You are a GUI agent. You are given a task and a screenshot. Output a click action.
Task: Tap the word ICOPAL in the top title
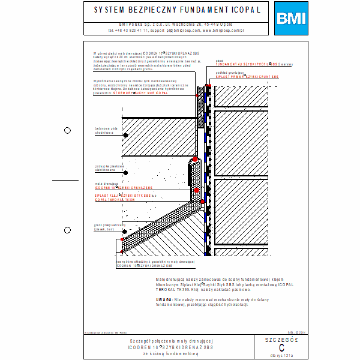(244, 10)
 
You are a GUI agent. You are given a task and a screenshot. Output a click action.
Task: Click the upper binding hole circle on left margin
(67, 130)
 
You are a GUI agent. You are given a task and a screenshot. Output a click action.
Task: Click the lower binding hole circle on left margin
(67, 229)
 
